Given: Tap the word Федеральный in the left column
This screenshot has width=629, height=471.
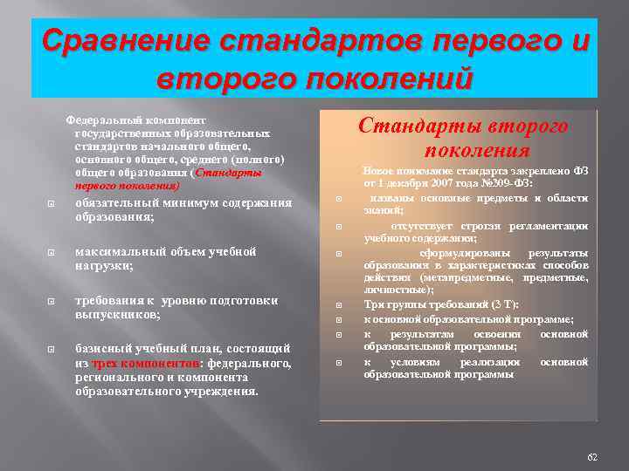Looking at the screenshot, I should (97, 119).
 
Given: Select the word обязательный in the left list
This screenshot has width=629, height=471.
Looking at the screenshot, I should (114, 203).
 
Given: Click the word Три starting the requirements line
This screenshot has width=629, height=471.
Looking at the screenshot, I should (373, 305).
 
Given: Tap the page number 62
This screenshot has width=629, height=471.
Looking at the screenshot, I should (592, 458).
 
